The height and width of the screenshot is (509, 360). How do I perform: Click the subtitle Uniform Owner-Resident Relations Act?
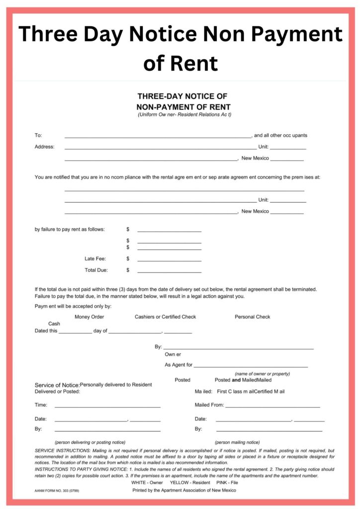pyautogui.click(x=184, y=115)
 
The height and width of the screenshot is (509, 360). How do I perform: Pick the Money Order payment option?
pyautogui.click(x=90, y=317)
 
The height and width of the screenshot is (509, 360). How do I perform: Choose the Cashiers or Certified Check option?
pyautogui.click(x=165, y=317)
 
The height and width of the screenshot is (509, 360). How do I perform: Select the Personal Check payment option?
pyautogui.click(x=253, y=317)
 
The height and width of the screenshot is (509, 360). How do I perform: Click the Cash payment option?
pyautogui.click(x=54, y=324)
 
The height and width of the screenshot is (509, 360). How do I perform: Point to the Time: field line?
pyautogui.click(x=107, y=407)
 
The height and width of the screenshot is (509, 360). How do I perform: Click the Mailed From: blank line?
pyautogui.click(x=272, y=407)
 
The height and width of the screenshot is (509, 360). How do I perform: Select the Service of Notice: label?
pyautogui.click(x=57, y=385)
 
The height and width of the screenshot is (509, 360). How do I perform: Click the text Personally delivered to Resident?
pyautogui.click(x=116, y=385)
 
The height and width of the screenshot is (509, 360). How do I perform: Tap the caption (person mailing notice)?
pyautogui.click(x=237, y=442)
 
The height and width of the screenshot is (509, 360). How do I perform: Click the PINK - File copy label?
pyautogui.click(x=227, y=482)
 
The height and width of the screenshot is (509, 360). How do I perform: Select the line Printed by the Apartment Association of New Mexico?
pyautogui.click(x=184, y=490)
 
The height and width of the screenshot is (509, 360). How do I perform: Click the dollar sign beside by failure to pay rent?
pyautogui.click(x=128, y=230)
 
